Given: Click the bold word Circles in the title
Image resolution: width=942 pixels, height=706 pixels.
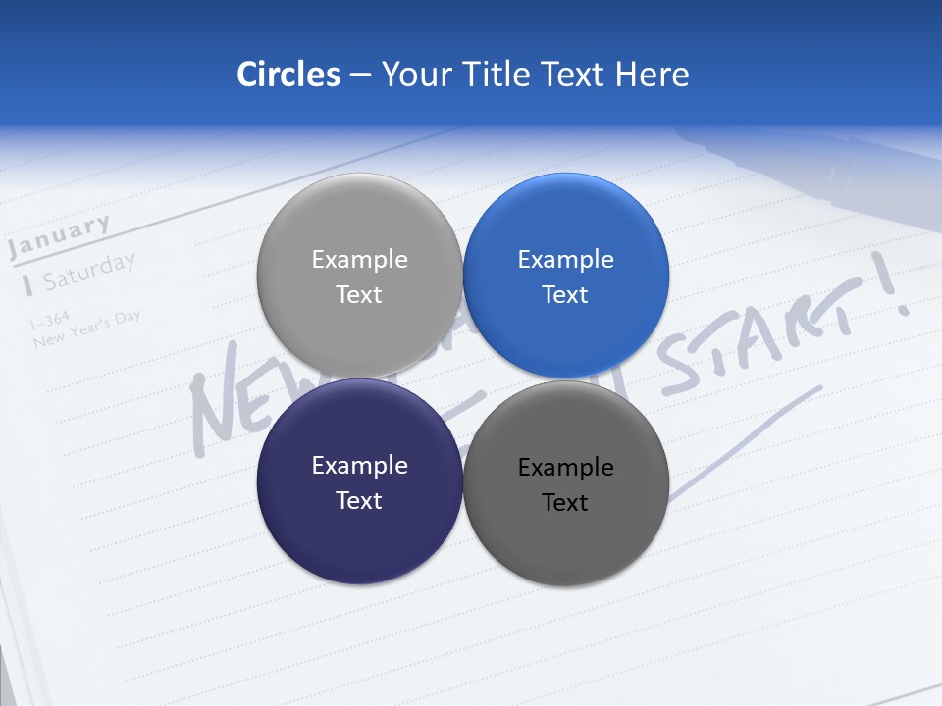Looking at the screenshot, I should pos(288,75).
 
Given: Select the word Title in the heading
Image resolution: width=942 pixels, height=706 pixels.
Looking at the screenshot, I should pos(495,75).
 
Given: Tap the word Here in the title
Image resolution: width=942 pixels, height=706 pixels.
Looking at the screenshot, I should pos(652,75).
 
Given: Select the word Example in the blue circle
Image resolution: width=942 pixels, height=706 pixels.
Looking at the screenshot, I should pos(565,260).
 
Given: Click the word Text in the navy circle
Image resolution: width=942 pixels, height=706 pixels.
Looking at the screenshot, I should pos(359,500).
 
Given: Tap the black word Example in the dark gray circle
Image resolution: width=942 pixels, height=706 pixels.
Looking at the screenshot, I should pos(565,468).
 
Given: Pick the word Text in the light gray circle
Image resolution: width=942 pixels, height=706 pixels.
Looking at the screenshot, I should pos(359,294).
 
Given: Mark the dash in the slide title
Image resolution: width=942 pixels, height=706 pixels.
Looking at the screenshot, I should pos(360,76).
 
